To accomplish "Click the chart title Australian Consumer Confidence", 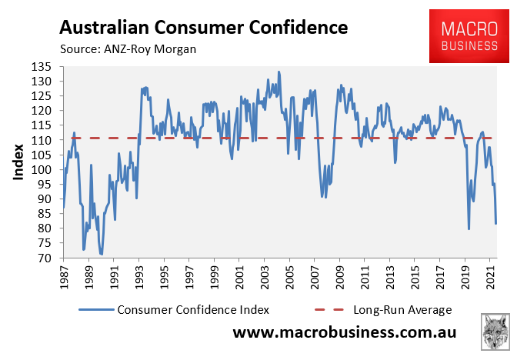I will [x=203, y=28].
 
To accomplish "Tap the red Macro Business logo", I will [x=468, y=37].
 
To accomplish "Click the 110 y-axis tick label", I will [x=45, y=141].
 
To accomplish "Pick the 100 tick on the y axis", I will [x=45, y=170].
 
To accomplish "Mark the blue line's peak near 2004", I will [x=279, y=72].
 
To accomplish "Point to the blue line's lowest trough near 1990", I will [x=102, y=254].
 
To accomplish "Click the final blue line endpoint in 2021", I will [x=496, y=224].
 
